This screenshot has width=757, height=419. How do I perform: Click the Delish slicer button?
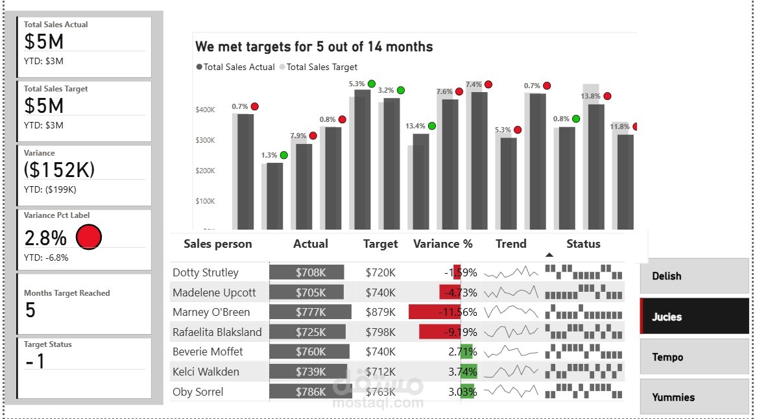click(x=693, y=276)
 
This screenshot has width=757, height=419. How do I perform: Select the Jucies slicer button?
click(x=693, y=317)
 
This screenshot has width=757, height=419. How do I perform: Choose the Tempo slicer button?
click(x=693, y=357)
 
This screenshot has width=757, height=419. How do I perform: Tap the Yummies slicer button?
click(x=693, y=397)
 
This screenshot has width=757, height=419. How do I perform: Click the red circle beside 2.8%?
click(x=89, y=237)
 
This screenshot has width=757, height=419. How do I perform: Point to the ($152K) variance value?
click(x=60, y=169)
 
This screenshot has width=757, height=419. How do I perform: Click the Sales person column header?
click(x=217, y=244)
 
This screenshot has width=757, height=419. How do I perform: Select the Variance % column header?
click(x=443, y=244)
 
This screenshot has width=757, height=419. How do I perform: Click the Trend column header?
click(x=511, y=244)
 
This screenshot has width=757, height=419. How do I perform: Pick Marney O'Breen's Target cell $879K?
click(x=380, y=312)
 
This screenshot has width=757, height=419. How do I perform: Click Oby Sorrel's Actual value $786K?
click(x=311, y=392)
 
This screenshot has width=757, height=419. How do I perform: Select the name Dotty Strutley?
click(x=206, y=272)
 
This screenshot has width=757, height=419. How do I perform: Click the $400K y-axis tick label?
click(x=205, y=110)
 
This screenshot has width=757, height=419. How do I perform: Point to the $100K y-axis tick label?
click(x=205, y=201)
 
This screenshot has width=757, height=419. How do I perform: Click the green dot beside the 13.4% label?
click(x=432, y=126)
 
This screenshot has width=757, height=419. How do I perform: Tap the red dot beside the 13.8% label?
click(x=607, y=96)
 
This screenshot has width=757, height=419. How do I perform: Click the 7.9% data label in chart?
click(x=298, y=136)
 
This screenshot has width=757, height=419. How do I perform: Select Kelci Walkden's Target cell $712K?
click(x=380, y=372)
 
